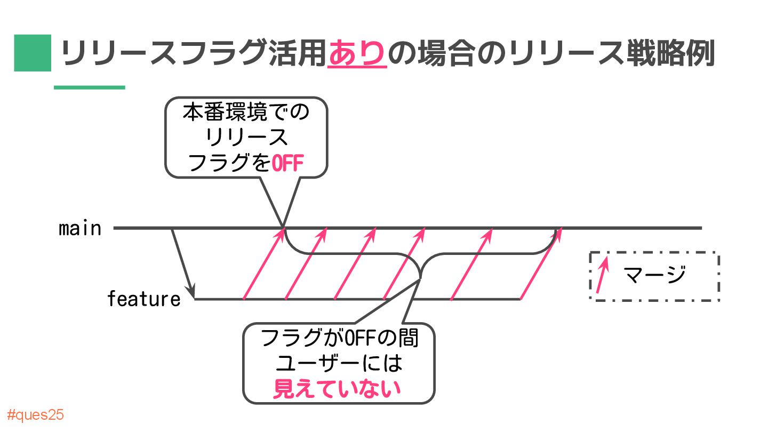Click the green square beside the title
click(x=33, y=53)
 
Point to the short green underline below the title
click(x=90, y=87)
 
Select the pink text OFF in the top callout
click(x=287, y=163)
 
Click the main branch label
click(x=80, y=229)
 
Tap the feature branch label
click(x=144, y=299)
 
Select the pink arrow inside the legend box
click(x=602, y=275)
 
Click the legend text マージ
click(x=655, y=275)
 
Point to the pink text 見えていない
click(x=337, y=389)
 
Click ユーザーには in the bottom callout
click(x=338, y=364)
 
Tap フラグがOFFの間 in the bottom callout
click(x=338, y=339)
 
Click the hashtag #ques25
click(x=36, y=415)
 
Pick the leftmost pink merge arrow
click(x=262, y=263)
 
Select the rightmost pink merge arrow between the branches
click(x=540, y=263)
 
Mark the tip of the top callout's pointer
click(x=283, y=227)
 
